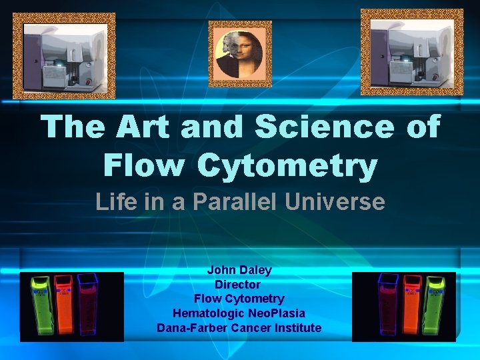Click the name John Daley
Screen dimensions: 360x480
point(239,270)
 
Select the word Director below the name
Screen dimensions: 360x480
point(239,285)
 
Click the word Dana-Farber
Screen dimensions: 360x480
point(189,328)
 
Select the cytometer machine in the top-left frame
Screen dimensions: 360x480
point(64,56)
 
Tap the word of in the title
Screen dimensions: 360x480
point(423,127)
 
